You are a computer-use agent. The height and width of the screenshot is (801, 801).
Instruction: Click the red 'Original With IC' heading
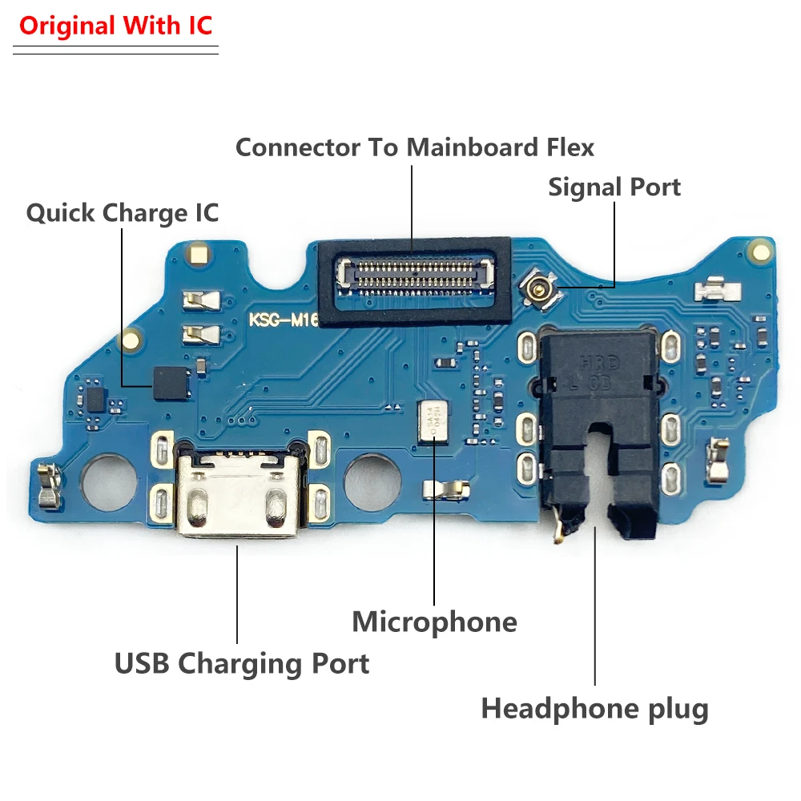pos(116,26)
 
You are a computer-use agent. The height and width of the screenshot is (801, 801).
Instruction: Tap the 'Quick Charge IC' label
pos(122,213)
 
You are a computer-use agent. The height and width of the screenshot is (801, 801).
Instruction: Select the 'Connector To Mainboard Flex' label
pos(415,147)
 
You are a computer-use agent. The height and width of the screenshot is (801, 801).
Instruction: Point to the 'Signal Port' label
pos(614,187)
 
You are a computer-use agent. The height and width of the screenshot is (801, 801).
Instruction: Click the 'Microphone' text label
pos(434,622)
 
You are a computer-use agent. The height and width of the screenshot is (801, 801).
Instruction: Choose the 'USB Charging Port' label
pos(242,663)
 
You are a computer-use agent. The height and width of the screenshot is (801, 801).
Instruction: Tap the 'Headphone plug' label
pos(594,709)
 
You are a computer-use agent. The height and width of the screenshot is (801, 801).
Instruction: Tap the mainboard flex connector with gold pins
pos(415,274)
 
